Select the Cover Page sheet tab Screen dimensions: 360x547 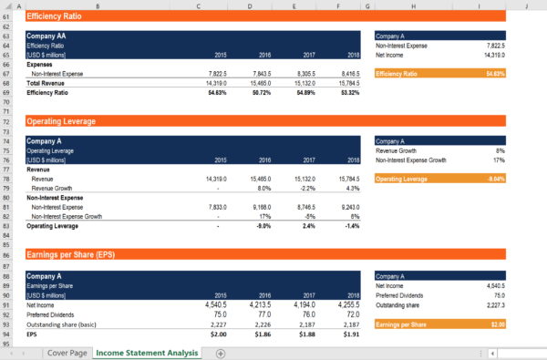[x=67, y=352]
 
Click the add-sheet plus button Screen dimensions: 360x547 [x=220, y=353]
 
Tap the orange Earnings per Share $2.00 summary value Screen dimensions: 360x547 [x=496, y=324]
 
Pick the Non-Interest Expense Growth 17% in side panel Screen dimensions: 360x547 [x=500, y=159]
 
